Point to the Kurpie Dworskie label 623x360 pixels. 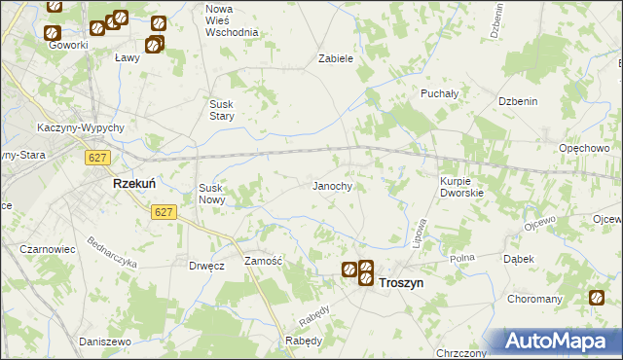(449, 187)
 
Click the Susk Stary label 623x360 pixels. (230, 110)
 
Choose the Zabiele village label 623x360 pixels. (335, 58)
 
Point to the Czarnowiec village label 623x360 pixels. (48, 249)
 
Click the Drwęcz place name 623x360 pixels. (206, 265)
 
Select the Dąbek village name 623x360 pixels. (517, 259)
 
